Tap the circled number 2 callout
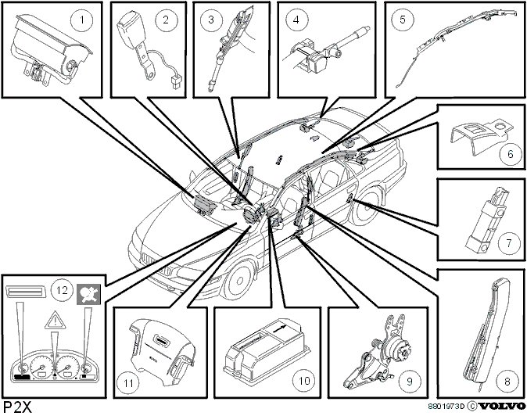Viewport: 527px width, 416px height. tap(165, 21)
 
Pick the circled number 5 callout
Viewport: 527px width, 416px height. tap(403, 17)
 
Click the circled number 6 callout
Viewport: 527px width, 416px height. tap(510, 154)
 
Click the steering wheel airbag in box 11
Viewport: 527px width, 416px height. tap(160, 344)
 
